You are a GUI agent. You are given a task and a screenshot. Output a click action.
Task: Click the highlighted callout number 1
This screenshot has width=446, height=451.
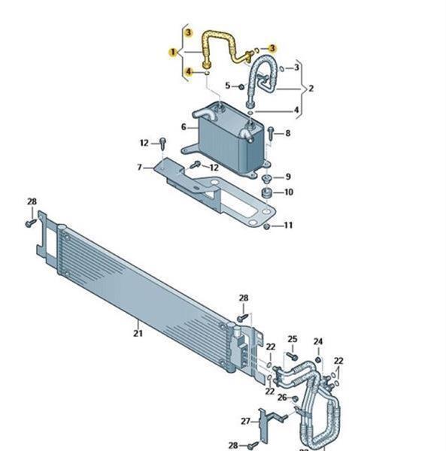click(173, 53)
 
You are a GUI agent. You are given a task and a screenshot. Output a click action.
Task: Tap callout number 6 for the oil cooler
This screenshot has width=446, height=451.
click(184, 127)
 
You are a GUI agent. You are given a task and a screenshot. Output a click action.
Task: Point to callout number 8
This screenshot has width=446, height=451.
click(287, 133)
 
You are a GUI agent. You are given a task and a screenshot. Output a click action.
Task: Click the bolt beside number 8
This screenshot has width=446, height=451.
click(271, 134)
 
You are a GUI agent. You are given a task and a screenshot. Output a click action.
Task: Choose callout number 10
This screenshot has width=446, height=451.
click(288, 192)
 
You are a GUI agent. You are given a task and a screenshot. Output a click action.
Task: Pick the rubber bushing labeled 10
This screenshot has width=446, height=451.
click(267, 193)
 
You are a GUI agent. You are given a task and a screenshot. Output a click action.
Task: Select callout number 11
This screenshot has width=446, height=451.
click(288, 225)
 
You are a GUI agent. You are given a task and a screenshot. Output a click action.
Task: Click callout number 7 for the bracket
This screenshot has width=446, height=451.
click(140, 167)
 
